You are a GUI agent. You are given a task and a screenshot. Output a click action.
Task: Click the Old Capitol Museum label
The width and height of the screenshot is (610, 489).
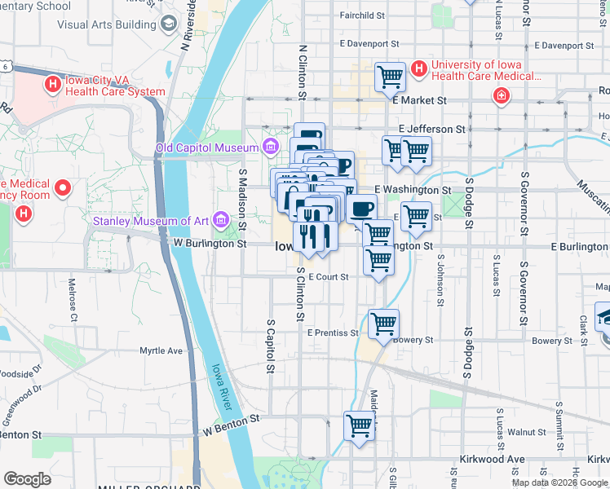pos(207,148)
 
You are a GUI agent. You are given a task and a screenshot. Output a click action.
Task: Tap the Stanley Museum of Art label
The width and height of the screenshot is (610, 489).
pos(152,220)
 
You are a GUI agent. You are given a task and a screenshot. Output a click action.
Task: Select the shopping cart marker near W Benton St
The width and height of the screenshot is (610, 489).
pos(359,425)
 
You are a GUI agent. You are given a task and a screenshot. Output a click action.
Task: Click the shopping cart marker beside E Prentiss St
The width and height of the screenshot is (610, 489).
pos(383,324)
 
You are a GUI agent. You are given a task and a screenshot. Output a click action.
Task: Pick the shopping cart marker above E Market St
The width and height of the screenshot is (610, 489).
pos(391,77)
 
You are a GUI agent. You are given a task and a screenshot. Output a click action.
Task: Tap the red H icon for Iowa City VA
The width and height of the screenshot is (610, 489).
pos(53,83)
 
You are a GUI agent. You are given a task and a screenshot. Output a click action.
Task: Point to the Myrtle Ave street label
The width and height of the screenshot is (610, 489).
pos(161,350)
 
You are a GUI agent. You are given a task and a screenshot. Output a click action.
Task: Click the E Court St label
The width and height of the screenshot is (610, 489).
pos(328,277)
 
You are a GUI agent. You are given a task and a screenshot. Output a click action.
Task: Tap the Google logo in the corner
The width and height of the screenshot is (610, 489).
pos(27,479)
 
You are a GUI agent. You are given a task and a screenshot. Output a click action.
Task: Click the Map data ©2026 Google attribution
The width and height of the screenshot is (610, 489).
pos(559,482)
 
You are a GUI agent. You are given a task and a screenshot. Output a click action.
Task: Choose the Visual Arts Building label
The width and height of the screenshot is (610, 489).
pos(106,24)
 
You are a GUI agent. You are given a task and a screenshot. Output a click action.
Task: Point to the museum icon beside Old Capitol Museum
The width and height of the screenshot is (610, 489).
pos(270,148)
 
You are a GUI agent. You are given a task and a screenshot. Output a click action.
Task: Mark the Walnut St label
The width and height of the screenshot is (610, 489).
pos(526,431)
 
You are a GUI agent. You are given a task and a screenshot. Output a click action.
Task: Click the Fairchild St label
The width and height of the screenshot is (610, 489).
pos(362,15)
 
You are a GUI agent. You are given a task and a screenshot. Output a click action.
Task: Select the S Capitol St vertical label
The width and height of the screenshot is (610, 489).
pos(270,346)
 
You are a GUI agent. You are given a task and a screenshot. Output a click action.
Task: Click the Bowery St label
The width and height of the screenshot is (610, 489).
pos(416,341)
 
